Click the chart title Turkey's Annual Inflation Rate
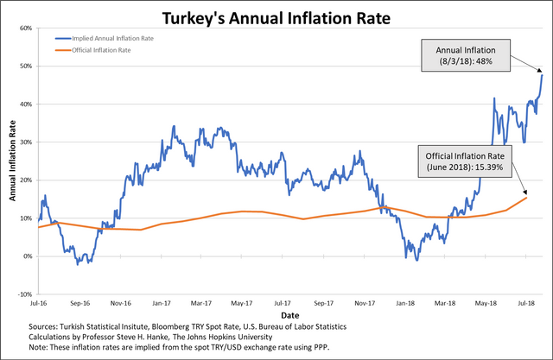pos(276,18)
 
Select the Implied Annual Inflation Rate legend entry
pos(105,38)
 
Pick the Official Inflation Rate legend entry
pos(92,50)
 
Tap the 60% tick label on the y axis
pos(26,28)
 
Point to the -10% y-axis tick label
pos(25,294)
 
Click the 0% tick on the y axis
pos(28,256)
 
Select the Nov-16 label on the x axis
pos(121,303)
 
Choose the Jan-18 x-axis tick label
pos(405,303)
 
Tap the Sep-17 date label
pos(323,303)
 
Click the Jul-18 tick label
pos(526,303)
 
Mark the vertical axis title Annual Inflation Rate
pos(13,161)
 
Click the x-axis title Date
pos(290,315)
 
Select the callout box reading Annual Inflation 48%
pos(466,55)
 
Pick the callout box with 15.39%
pos(465,161)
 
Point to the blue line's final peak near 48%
pos(542,75)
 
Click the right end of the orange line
pos(526,198)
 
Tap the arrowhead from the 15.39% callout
pos(525,192)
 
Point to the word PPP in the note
pos(321,347)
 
